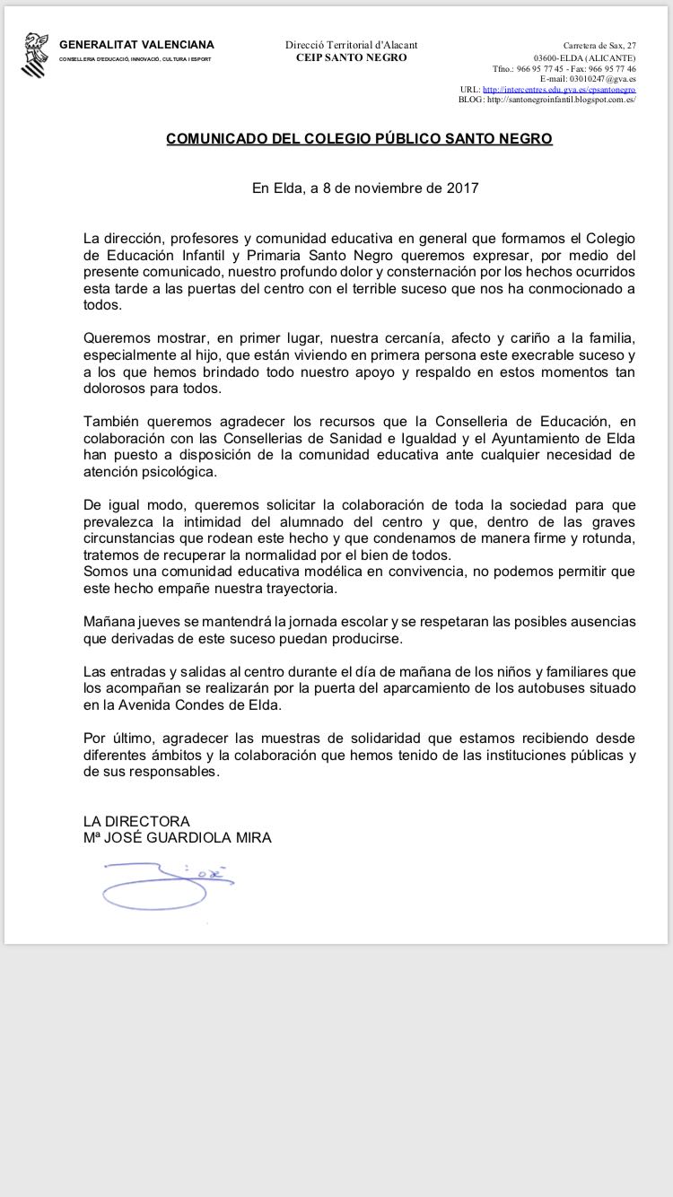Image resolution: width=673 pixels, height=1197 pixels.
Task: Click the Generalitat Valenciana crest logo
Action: (34, 55)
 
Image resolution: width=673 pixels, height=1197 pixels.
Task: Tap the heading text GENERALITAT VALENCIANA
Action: (136, 45)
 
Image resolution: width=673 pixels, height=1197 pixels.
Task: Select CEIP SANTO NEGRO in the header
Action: (351, 57)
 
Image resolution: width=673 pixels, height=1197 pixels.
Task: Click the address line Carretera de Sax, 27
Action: (599, 45)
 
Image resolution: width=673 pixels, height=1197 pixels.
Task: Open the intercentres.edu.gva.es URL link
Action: (559, 90)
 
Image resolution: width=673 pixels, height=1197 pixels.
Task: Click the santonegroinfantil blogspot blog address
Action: (561, 100)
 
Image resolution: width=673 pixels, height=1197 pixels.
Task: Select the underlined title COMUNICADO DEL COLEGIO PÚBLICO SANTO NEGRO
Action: (359, 139)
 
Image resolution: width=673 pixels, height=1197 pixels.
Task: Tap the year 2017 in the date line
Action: (461, 188)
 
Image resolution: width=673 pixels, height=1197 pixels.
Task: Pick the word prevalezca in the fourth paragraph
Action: (118, 521)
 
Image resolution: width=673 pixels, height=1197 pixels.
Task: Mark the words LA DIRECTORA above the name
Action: (136, 821)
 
